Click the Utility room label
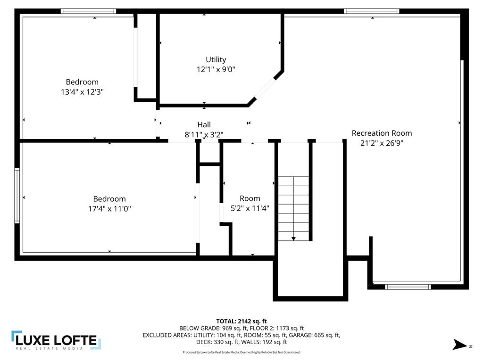[216, 59]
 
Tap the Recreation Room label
[382, 133]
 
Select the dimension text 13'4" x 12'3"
[82, 92]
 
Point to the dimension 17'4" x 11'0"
[109, 208]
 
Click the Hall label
[204, 124]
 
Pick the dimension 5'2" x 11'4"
[250, 208]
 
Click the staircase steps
[293, 207]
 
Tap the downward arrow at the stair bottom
[293, 239]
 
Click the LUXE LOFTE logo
[56, 340]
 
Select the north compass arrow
[459, 345]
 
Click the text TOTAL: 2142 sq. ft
[241, 321]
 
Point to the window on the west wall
[17, 195]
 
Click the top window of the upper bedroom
[88, 11]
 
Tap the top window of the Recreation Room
[371, 11]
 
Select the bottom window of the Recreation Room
[408, 286]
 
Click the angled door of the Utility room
[265, 88]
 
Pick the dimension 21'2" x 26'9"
[382, 143]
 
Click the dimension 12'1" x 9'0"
[216, 69]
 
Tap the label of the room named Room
[250, 198]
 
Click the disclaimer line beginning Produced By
[241, 352]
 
